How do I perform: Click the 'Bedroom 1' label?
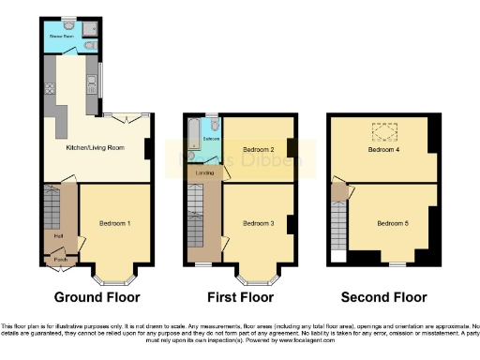[114, 223]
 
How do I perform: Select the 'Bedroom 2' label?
[257, 150]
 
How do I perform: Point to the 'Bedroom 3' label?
[257, 223]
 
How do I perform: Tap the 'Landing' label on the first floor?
[203, 172]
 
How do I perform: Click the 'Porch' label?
[59, 259]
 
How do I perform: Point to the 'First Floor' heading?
[241, 297]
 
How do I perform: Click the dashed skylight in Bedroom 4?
[384, 130]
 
